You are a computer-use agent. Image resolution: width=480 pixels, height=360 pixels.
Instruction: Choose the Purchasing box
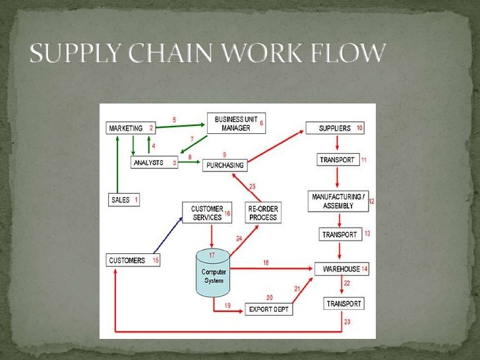[x=224, y=165]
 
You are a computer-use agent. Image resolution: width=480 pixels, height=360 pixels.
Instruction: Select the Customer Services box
[x=207, y=213]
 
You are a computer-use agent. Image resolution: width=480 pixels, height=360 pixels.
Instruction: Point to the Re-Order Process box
[x=262, y=213]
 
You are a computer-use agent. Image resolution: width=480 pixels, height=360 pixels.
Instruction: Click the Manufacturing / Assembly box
[x=338, y=201]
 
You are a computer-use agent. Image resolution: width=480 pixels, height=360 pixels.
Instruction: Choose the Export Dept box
[x=268, y=309]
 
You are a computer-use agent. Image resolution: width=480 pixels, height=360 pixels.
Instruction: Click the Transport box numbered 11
[x=338, y=160]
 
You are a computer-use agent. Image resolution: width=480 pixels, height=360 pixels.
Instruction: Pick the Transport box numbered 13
[x=340, y=234]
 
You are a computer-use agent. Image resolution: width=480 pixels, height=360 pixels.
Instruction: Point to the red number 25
[x=252, y=187]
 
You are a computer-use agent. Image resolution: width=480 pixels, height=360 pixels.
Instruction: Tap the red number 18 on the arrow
[x=266, y=263]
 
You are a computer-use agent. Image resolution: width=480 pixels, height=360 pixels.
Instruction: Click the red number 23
[x=347, y=322]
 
